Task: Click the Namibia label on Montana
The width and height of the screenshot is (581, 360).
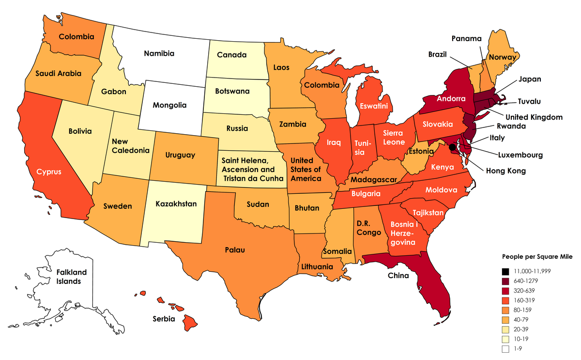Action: coord(159,53)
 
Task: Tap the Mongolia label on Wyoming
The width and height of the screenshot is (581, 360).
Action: coord(169,105)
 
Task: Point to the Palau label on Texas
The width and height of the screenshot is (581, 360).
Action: coord(234,250)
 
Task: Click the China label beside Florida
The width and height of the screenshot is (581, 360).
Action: coord(398,276)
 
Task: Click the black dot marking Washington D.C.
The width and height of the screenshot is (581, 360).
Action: coord(452,147)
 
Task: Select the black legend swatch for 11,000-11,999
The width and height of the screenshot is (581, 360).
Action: coord(505,271)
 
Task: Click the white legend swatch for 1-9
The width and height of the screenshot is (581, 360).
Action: coord(505,349)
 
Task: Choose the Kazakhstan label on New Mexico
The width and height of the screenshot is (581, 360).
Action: coord(176,204)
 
